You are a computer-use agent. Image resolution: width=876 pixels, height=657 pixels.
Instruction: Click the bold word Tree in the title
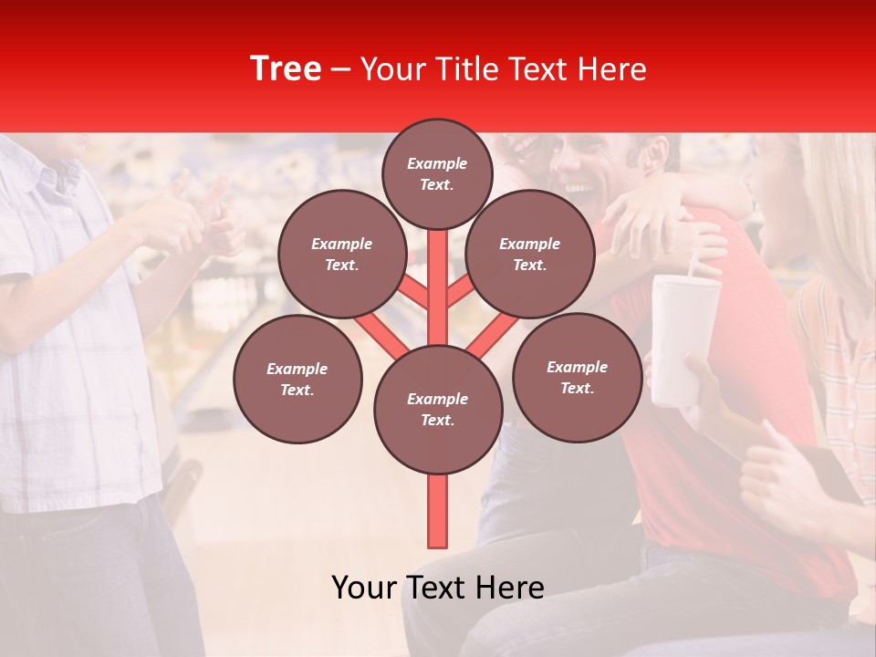286,68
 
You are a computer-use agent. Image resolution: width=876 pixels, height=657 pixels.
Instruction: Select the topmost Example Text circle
437,173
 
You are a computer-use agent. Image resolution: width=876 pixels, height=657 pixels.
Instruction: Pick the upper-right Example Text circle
529,254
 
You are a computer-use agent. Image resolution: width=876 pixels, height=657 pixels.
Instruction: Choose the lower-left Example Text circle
297,379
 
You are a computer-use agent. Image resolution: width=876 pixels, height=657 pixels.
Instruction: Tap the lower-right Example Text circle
577,377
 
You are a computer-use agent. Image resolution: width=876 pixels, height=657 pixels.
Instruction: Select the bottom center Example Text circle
437,409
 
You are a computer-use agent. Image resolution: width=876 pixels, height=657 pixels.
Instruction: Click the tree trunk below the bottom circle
437,511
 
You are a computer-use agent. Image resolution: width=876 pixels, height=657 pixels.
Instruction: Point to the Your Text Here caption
437,588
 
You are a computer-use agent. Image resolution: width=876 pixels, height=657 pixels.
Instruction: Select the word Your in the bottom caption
364,588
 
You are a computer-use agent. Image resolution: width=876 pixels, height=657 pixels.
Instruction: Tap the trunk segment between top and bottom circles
437,283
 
